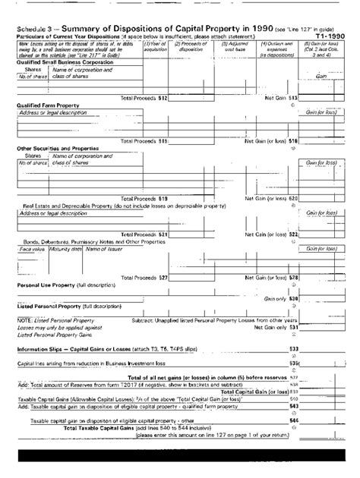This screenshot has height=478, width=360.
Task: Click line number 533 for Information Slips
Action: [x=294, y=349]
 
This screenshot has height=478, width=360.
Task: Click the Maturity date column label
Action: [x=65, y=249]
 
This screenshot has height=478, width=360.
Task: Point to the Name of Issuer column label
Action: [x=106, y=249]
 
